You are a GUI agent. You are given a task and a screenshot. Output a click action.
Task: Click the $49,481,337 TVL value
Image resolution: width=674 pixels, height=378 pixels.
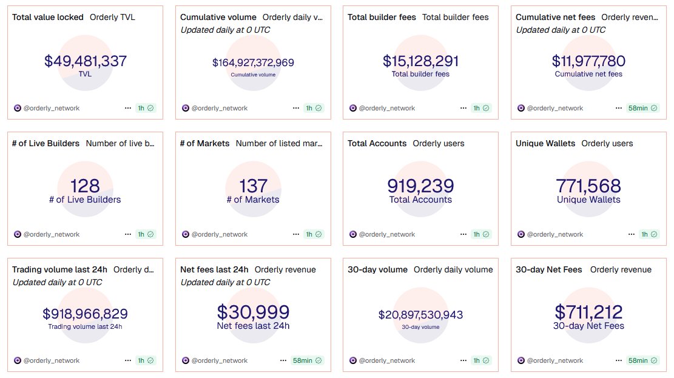[x=85, y=61]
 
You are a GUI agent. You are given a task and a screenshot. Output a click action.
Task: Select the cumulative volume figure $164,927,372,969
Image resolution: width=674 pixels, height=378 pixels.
[x=253, y=62]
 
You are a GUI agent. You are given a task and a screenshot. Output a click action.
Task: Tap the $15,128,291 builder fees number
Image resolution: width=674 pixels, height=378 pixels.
[x=420, y=61]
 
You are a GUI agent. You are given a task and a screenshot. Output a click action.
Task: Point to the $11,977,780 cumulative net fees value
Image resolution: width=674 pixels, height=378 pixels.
[x=588, y=61]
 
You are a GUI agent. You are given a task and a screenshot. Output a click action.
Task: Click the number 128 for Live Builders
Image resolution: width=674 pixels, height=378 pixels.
[x=85, y=186]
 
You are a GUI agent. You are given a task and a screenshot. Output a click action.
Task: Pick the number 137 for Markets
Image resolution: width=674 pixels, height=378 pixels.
[x=253, y=186]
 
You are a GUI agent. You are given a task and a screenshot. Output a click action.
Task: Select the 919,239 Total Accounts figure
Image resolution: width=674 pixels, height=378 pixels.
[x=420, y=186]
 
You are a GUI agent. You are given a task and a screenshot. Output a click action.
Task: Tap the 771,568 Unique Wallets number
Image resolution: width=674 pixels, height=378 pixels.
[x=588, y=186]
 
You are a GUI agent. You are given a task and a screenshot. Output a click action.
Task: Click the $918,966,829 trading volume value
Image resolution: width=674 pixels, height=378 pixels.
[x=85, y=314]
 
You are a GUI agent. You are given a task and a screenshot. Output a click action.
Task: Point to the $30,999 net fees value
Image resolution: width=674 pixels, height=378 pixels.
[x=253, y=312]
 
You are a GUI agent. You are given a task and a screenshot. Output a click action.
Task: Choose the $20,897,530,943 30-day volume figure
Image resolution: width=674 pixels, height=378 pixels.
[x=420, y=315]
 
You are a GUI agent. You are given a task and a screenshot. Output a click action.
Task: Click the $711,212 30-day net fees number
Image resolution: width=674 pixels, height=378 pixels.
[x=588, y=312]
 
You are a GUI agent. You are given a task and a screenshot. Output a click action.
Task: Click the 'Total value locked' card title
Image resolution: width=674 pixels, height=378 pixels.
[x=48, y=17]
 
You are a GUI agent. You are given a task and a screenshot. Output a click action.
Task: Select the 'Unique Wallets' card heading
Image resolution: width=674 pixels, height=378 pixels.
[x=545, y=143]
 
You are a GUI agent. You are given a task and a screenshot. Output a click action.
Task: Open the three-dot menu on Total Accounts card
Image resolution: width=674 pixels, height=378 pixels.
[x=463, y=234]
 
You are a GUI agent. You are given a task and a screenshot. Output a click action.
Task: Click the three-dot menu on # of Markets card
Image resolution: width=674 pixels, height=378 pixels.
[x=295, y=234]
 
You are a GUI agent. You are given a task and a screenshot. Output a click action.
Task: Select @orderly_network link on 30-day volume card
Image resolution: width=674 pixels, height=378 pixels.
[x=386, y=360]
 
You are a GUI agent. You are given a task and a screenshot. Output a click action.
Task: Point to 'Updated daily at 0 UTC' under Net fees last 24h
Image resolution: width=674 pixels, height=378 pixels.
[x=225, y=282]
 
